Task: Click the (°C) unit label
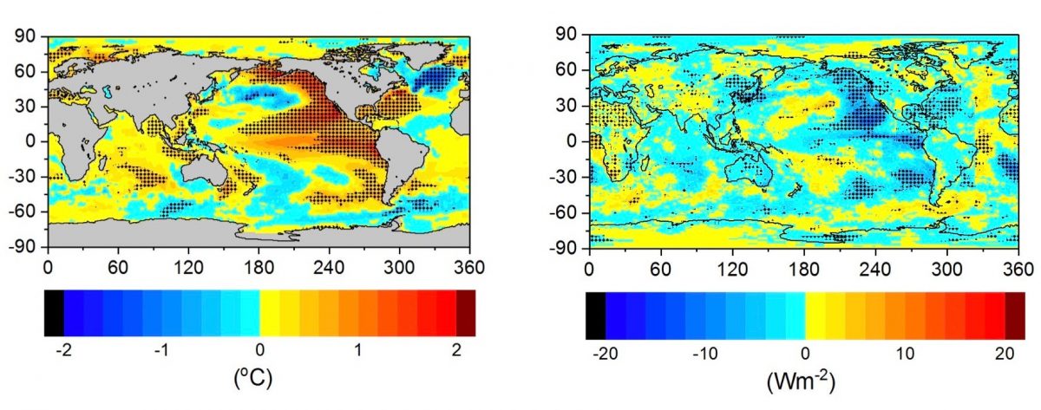pyautogui.click(x=259, y=379)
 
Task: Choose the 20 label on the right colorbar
pyautogui.click(x=1004, y=353)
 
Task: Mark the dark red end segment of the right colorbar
pyautogui.click(x=1014, y=314)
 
